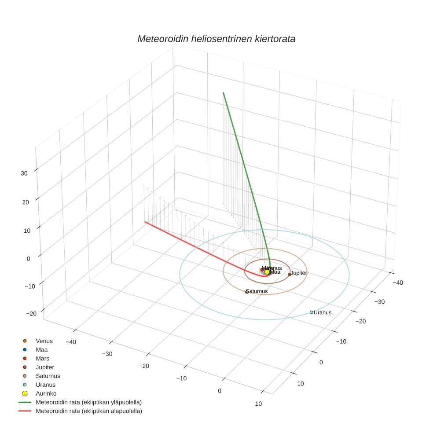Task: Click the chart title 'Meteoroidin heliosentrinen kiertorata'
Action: pyautogui.click(x=216, y=39)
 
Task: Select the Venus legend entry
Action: pyautogui.click(x=44, y=341)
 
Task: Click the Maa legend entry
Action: pyautogui.click(x=41, y=350)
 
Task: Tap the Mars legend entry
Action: pyautogui.click(x=42, y=359)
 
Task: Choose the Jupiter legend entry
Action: pyautogui.click(x=45, y=367)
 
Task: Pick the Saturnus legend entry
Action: pyautogui.click(x=48, y=376)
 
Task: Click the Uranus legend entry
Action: pyautogui.click(x=45, y=385)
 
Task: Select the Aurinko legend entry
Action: pyautogui.click(x=46, y=393)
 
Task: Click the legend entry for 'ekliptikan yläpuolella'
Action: pyautogui.click(x=88, y=402)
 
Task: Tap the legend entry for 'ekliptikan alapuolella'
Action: pyautogui.click(x=88, y=411)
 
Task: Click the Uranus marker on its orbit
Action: pyautogui.click(x=312, y=312)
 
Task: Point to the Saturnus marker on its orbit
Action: pyautogui.click(x=247, y=292)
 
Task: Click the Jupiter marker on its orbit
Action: pyautogui.click(x=290, y=275)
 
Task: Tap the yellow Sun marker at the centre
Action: pyautogui.click(x=267, y=272)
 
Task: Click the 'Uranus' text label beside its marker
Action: pyautogui.click(x=323, y=313)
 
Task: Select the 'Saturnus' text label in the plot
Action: pyautogui.click(x=257, y=291)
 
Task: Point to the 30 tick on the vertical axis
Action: pyautogui.click(x=24, y=173)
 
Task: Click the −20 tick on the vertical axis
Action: pyautogui.click(x=31, y=314)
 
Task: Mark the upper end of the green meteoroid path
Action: pyautogui.click(x=224, y=93)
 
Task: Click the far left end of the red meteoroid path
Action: pyautogui.click(x=145, y=222)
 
